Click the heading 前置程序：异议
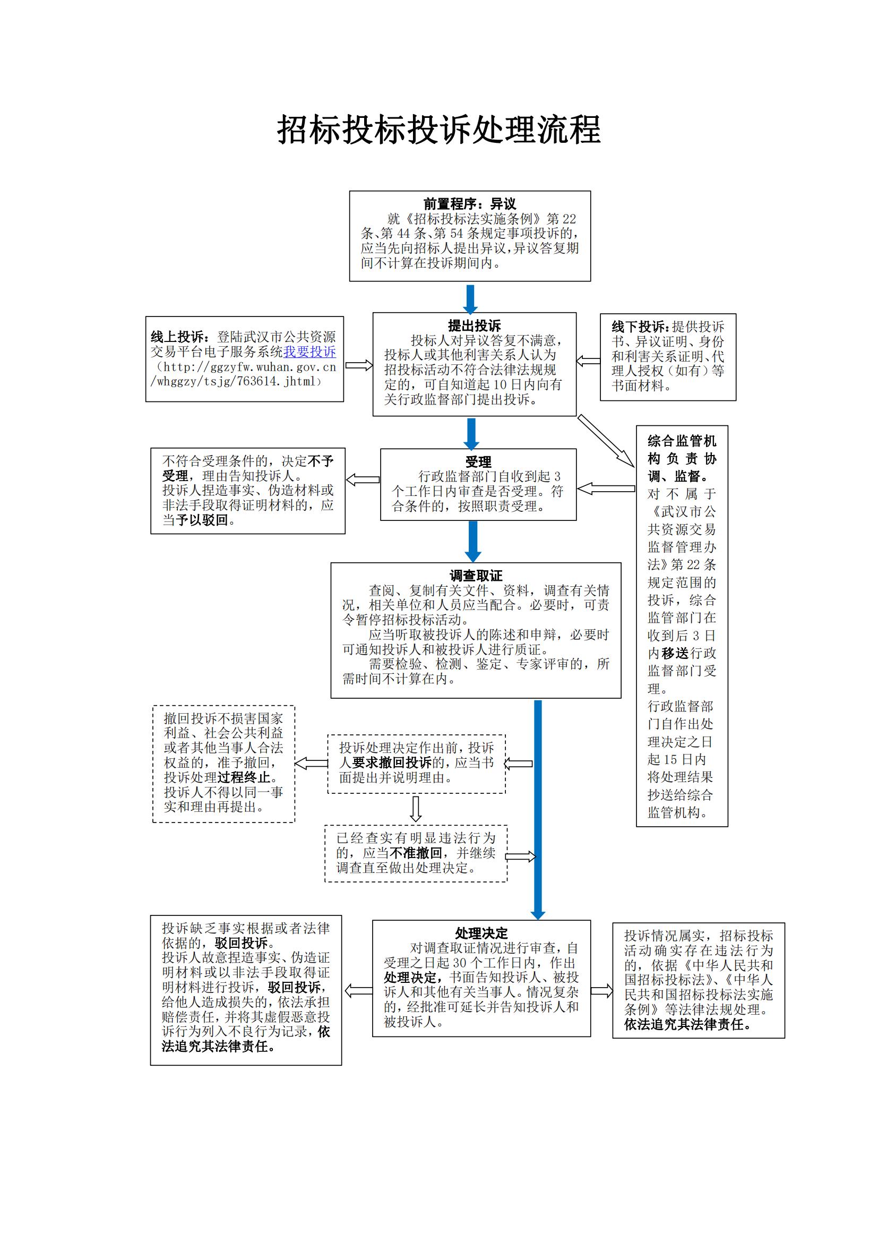click(x=469, y=204)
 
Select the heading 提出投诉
click(x=474, y=326)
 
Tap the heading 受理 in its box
click(x=478, y=462)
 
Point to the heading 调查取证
click(x=476, y=576)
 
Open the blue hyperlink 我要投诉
click(x=310, y=352)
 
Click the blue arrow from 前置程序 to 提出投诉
click(x=470, y=298)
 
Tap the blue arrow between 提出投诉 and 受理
click(x=471, y=434)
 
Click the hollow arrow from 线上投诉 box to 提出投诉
click(x=358, y=366)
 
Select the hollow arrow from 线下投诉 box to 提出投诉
click(x=588, y=361)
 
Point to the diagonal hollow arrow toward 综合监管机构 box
click(x=606, y=441)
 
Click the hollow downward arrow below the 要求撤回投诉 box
click(x=416, y=809)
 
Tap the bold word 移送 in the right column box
click(x=675, y=654)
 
